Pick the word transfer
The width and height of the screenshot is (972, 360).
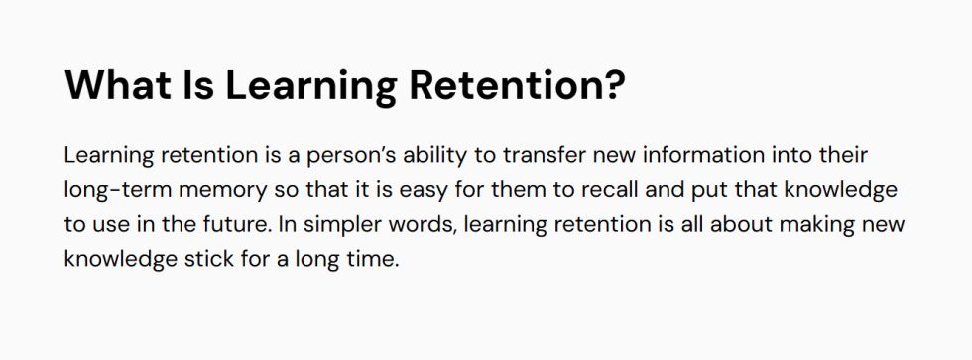pos(547,156)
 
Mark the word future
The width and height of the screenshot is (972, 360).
pos(236,224)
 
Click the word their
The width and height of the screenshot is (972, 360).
pos(841,156)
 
